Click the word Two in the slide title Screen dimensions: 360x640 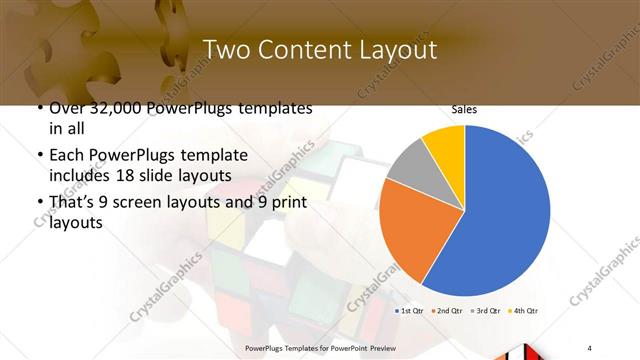(227, 50)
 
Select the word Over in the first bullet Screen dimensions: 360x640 (67, 108)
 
